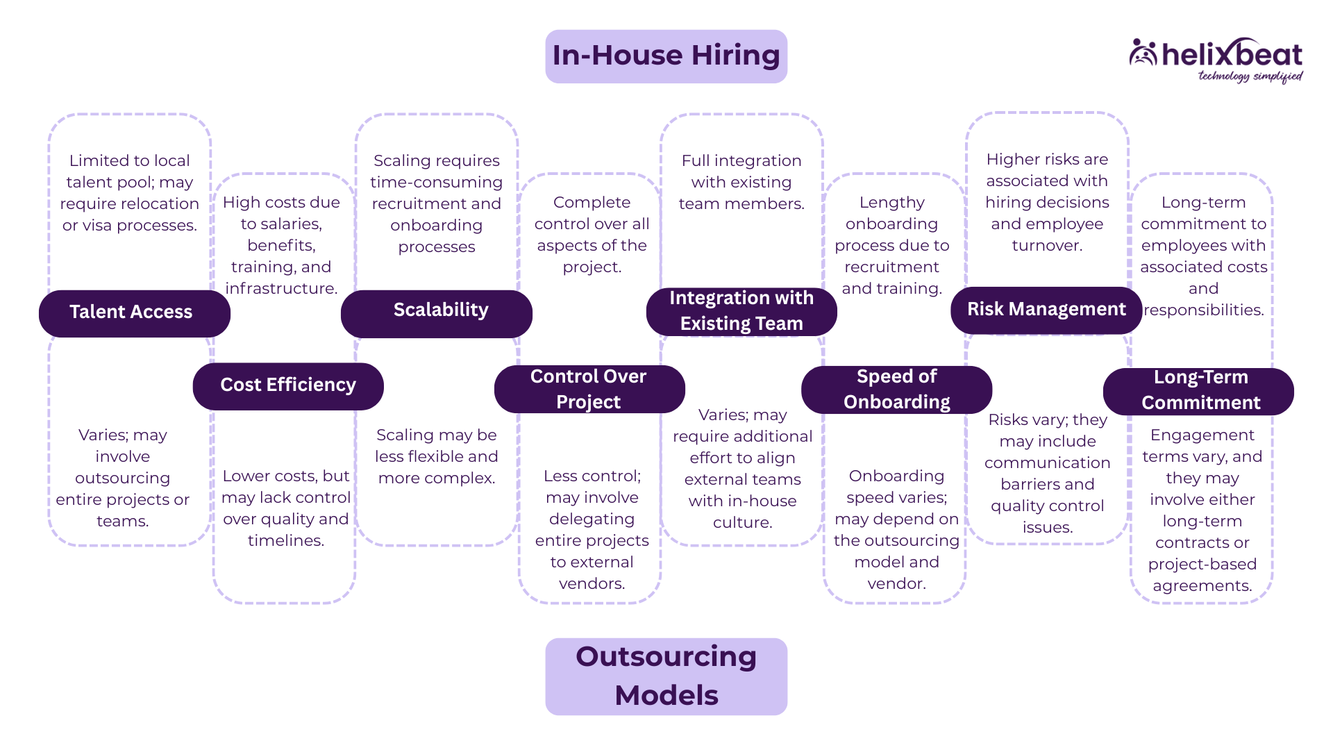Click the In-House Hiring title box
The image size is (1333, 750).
666,56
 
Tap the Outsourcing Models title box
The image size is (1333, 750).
666,676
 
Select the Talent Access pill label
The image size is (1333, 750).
131,312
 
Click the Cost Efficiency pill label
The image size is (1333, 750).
288,385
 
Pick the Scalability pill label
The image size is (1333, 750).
441,310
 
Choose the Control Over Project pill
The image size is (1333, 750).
589,389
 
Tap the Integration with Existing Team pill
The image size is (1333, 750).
741,311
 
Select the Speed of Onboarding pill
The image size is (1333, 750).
896,389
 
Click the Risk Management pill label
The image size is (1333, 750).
1046,310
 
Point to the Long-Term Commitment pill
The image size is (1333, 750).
1200,390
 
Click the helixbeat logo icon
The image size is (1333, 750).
1143,53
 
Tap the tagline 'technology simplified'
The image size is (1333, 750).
1250,76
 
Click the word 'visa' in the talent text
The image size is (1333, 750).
104,226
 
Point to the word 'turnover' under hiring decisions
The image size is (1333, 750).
1046,246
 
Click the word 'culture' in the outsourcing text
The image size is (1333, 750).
741,523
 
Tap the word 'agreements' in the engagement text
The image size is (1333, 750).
1201,586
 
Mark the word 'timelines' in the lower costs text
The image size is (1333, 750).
285,541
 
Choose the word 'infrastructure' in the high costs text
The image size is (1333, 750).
280,289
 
